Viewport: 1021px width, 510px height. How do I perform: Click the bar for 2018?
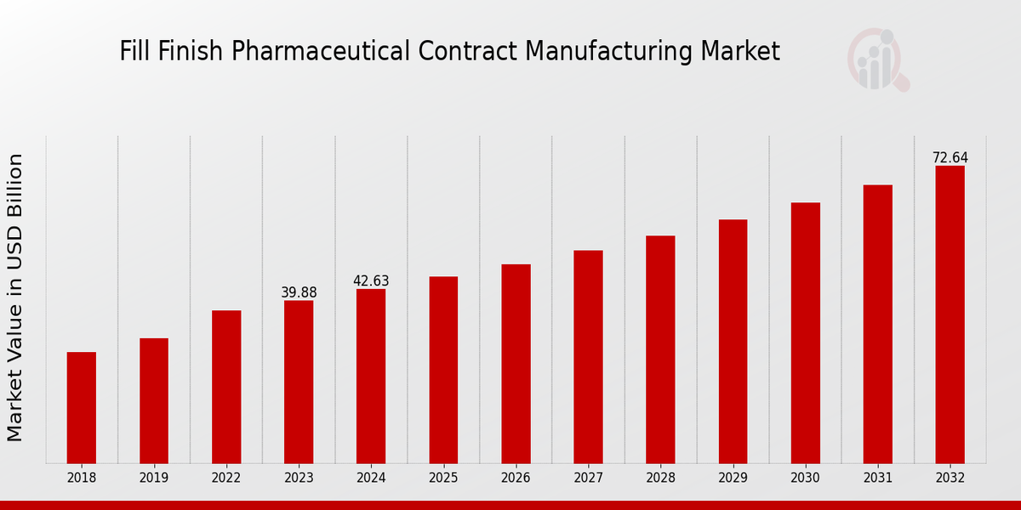(82, 407)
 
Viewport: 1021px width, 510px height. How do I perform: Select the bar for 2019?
(154, 400)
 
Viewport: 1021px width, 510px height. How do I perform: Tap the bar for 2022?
(226, 387)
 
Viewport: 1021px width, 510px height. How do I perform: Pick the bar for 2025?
(443, 370)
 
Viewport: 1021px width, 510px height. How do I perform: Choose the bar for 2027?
(588, 357)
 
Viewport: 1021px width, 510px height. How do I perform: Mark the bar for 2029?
(733, 341)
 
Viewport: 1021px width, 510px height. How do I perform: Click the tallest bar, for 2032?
(950, 314)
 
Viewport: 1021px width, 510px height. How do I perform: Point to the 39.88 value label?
(299, 292)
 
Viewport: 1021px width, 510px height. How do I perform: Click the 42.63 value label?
(371, 280)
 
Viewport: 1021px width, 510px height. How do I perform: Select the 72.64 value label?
(950, 157)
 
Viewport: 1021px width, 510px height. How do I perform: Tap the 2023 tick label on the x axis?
(299, 478)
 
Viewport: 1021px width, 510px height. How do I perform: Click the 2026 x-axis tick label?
(516, 478)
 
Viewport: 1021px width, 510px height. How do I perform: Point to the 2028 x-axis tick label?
(660, 478)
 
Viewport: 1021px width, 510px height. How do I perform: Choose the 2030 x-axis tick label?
(805, 478)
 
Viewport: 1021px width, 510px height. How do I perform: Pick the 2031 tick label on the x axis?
(877, 478)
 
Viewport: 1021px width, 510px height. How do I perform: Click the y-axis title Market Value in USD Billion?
(15, 297)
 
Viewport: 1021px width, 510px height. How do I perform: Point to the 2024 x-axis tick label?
(371, 478)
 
